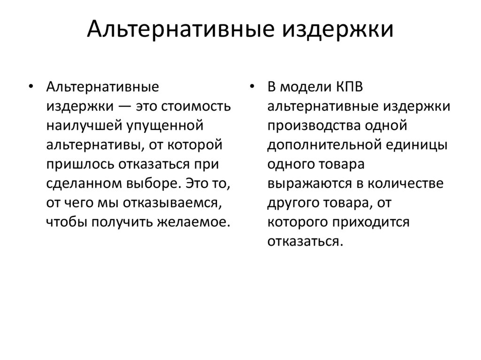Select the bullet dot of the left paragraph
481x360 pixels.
[31, 87]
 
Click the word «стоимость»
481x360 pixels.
[196, 107]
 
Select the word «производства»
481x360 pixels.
[311, 126]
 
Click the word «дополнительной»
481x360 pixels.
[324, 145]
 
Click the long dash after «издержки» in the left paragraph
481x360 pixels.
[124, 107]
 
